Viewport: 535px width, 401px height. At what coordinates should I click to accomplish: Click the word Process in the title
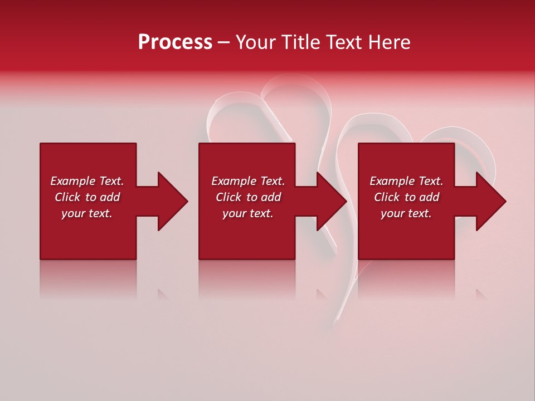click(175, 42)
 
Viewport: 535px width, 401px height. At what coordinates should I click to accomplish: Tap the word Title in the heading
click(302, 42)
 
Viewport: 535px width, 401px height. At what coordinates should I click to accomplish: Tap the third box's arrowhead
click(491, 201)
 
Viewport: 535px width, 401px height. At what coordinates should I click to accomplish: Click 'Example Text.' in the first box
click(87, 181)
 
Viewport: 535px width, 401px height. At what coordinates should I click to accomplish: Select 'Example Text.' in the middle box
click(247, 181)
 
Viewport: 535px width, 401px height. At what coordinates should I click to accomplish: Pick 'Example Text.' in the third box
click(406, 181)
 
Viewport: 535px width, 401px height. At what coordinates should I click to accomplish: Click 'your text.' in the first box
click(87, 213)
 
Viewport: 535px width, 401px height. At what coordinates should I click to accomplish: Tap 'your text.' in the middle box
click(247, 213)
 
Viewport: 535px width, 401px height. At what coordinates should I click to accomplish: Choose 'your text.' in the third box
click(406, 213)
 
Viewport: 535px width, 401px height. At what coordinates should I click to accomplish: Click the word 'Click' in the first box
click(68, 197)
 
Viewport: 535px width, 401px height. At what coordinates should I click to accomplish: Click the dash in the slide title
click(223, 43)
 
